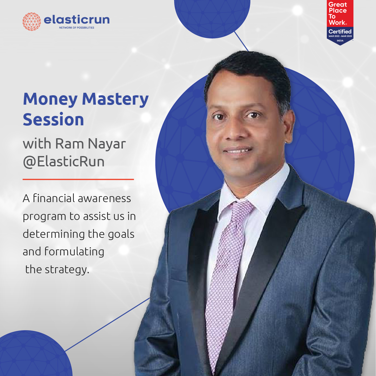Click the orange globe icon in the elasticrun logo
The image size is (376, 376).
tap(32, 22)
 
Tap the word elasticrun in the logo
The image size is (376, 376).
tap(77, 20)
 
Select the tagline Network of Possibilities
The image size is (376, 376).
tap(76, 28)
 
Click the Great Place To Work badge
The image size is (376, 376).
tap(340, 22)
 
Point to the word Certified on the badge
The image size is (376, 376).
tap(340, 31)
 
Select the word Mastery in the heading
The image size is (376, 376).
tap(115, 100)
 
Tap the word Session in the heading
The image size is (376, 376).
tap(53, 120)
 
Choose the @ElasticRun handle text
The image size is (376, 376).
tap(64, 162)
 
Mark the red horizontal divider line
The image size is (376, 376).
tap(78, 180)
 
